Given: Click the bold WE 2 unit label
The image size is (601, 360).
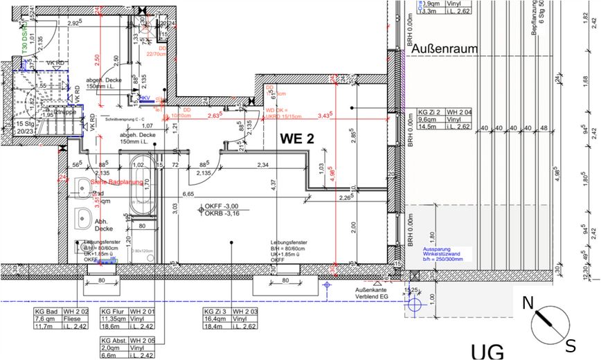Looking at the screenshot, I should pos(297,138).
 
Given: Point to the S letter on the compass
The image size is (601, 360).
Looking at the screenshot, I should pos(571,344).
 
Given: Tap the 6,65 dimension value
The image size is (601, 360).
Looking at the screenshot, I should pos(188,195).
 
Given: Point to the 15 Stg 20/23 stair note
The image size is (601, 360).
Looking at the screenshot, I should pos(25,126).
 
